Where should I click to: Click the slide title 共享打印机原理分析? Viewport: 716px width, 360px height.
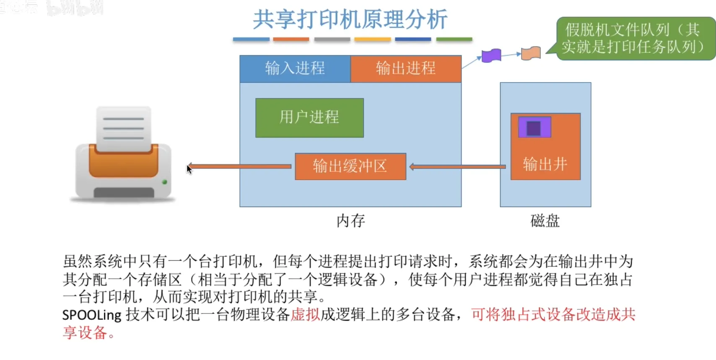point(350,19)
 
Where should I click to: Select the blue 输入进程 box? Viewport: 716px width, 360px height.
point(295,68)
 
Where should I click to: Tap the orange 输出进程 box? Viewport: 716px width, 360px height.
point(405,68)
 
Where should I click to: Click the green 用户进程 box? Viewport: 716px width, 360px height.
point(309,117)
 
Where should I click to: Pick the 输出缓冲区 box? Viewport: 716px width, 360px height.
point(350,166)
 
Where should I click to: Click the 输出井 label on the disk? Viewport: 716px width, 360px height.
point(545,164)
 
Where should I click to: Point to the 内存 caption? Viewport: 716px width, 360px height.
point(350,221)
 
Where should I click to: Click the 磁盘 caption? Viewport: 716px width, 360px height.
point(545,221)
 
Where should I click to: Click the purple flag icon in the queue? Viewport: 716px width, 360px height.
point(491,55)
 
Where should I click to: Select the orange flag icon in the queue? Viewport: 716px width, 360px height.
point(531,53)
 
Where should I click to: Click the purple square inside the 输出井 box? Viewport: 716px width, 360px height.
point(534,128)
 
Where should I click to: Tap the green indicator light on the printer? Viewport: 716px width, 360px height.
point(164,182)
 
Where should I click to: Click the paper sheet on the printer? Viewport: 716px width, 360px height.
point(124,128)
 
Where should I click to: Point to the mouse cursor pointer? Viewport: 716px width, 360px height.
point(189,168)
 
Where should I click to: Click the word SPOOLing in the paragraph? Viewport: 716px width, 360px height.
point(92,315)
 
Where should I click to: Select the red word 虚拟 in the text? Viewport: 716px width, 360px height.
point(305,314)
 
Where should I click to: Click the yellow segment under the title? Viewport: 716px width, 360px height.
point(372,39)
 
